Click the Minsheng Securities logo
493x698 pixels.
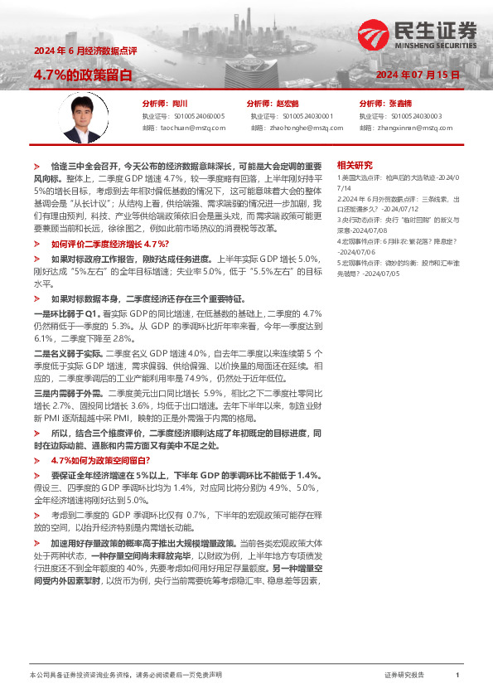(x=418, y=35)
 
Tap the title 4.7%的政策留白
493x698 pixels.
(x=83, y=74)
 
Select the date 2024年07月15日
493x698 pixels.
(x=418, y=75)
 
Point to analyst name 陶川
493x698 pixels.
(x=181, y=104)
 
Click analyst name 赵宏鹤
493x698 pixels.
(x=287, y=104)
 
